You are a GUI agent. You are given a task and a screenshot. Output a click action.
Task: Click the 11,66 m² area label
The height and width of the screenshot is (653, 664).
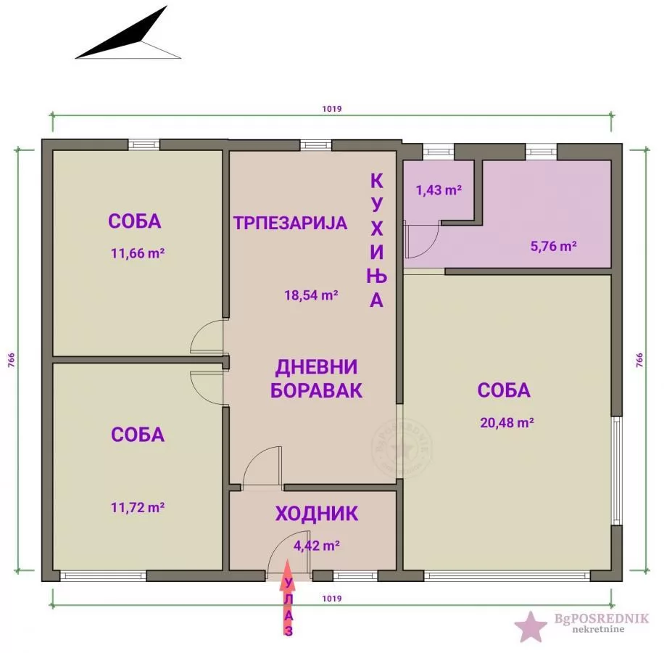pos(136,254)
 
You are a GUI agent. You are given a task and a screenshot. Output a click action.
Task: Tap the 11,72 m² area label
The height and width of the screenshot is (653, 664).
pos(137,507)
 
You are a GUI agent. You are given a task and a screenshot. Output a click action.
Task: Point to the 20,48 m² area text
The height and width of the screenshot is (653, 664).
pos(507,422)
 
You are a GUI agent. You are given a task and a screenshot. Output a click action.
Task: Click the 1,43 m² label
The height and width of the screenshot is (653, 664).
pos(439,190)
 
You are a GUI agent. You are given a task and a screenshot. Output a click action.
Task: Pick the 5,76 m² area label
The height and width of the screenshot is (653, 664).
pos(554,246)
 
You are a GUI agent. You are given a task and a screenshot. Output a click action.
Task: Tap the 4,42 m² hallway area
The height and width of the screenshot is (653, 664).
pos(317,545)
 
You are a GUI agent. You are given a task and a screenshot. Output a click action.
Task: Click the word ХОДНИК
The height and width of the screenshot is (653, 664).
pos(316,514)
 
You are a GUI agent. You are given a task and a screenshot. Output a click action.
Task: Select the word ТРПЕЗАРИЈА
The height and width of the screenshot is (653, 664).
pos(290,223)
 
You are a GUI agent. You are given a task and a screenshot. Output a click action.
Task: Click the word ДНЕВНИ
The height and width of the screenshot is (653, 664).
pos(316,366)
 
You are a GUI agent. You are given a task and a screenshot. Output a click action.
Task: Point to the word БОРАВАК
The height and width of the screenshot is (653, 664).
pos(316,390)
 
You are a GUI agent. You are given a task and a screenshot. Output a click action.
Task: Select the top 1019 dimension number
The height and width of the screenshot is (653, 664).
pos(332,109)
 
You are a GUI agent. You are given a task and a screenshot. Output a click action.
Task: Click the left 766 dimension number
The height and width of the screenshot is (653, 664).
pos(11,361)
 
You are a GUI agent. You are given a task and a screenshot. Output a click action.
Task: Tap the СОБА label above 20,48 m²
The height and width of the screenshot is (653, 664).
pos(504,390)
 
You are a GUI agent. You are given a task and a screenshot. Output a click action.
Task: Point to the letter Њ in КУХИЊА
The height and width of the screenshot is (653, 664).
pos(377,276)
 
